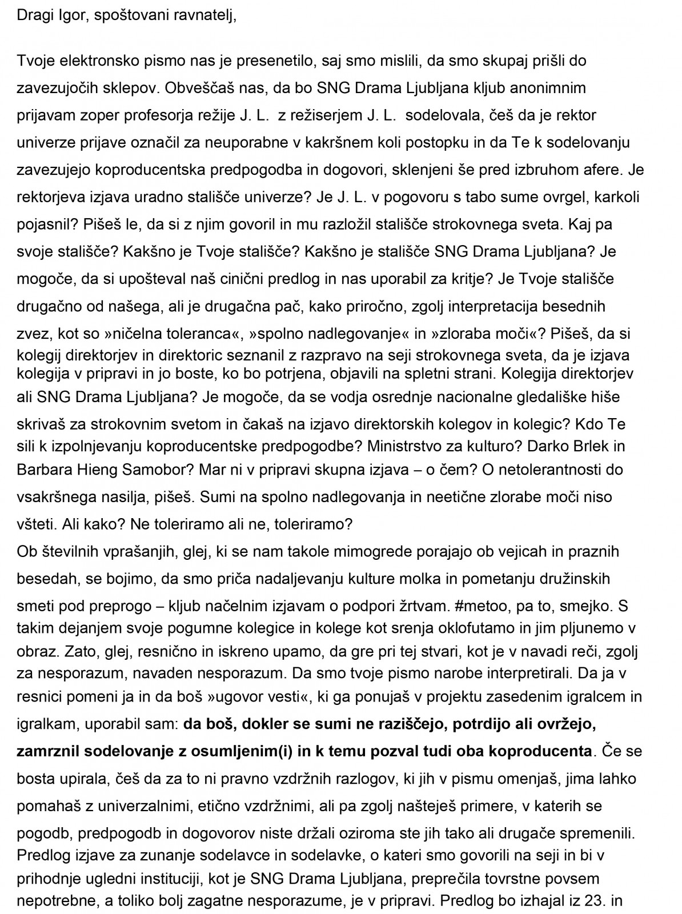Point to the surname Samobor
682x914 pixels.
[156, 470]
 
